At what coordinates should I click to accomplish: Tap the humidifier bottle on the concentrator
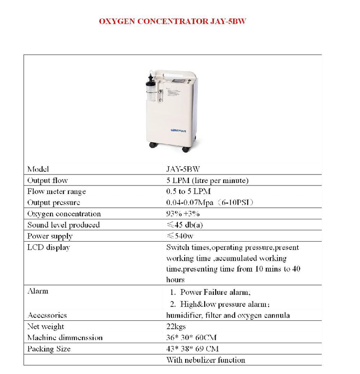click(x=150, y=92)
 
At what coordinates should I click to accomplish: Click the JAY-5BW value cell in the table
click(x=183, y=170)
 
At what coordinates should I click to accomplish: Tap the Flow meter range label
click(x=57, y=191)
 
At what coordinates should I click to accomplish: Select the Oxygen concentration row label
click(x=64, y=214)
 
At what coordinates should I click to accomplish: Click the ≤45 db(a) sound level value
click(x=185, y=225)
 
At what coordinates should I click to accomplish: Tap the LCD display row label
click(x=49, y=247)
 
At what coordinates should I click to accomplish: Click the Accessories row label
click(x=47, y=315)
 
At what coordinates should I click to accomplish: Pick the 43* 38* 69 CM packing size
click(x=192, y=349)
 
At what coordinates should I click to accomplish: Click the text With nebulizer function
click(x=206, y=360)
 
